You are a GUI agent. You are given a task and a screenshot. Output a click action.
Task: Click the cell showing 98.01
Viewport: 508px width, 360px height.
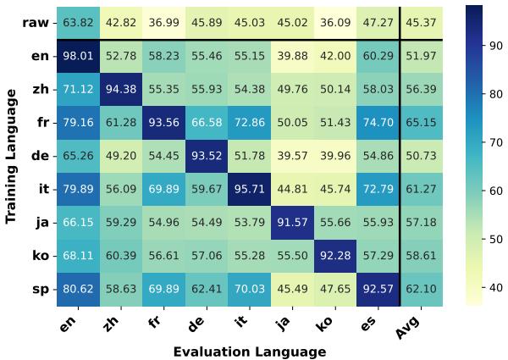[x=79, y=56]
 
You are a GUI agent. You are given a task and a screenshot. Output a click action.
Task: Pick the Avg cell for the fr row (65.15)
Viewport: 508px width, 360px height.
[x=422, y=123]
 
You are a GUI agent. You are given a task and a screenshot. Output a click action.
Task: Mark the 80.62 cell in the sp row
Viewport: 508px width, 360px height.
[x=79, y=290]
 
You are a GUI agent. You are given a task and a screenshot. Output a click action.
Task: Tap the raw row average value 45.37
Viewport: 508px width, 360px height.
[x=422, y=22]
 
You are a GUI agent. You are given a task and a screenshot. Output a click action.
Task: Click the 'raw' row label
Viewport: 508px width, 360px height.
[x=36, y=22]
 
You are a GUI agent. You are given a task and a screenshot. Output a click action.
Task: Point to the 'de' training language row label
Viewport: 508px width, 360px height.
[x=41, y=156]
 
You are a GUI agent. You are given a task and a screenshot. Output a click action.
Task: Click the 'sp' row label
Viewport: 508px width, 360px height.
[x=41, y=290]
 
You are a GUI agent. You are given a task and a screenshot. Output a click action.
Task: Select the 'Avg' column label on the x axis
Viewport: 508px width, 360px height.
[x=410, y=324]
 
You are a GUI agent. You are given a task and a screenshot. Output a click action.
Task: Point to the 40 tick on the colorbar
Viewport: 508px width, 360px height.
[x=496, y=287]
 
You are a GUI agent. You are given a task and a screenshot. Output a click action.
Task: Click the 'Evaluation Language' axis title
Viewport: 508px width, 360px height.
[x=249, y=351]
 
